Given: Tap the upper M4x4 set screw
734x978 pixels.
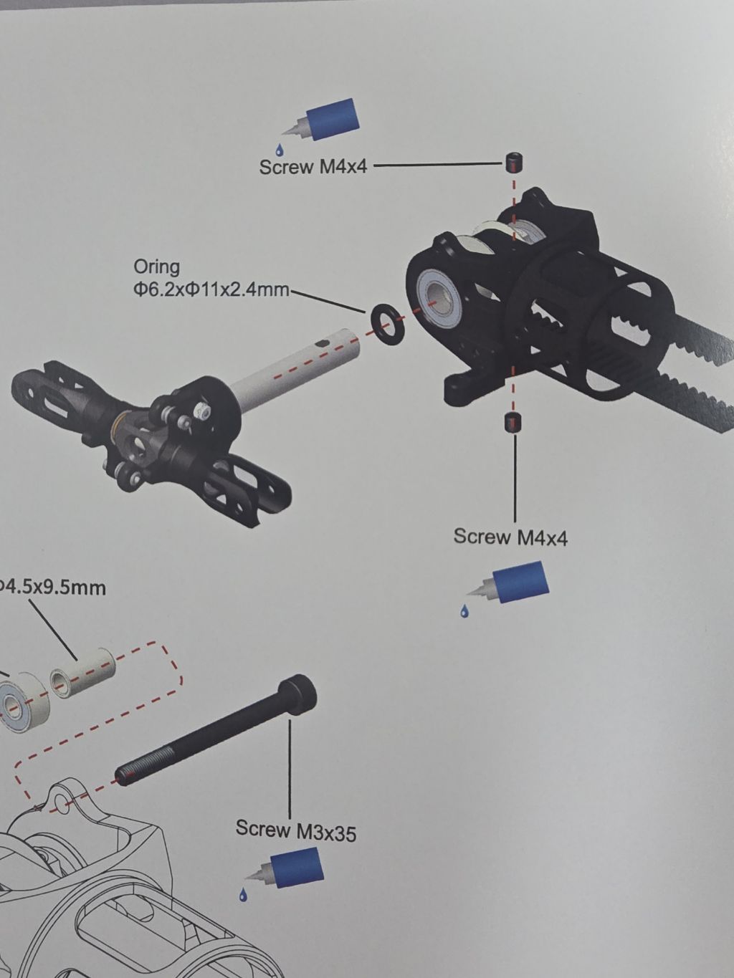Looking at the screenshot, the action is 515,163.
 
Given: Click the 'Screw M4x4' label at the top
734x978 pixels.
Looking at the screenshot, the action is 313,167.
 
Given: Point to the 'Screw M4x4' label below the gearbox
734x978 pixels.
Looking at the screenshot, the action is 511,537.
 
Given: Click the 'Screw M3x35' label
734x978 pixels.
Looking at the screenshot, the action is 296,830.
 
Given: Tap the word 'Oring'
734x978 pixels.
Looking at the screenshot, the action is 156,267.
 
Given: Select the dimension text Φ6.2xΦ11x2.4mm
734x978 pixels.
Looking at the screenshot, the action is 211,290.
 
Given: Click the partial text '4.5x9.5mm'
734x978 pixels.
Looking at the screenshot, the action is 53,588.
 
